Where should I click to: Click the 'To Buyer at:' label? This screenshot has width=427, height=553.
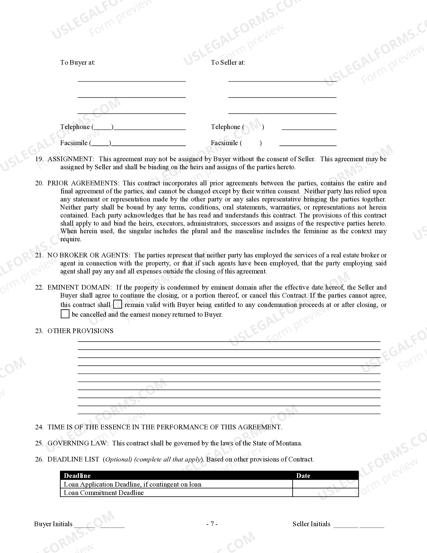[x=77, y=62]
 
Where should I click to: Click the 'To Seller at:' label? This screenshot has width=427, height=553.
[x=228, y=62]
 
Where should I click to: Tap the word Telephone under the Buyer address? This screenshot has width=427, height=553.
[x=75, y=127]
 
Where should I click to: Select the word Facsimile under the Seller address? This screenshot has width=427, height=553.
[x=224, y=143]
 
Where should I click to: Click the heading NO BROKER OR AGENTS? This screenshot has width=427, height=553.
[x=88, y=255]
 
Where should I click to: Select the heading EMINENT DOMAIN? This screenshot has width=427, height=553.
[x=79, y=287]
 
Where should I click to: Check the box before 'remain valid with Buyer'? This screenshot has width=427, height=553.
[x=118, y=304]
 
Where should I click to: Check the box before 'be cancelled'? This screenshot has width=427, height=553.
[x=65, y=314]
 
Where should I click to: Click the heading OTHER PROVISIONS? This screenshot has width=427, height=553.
[x=80, y=331]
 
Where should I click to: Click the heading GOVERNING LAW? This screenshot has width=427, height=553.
[x=78, y=443]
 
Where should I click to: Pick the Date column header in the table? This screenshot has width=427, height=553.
[x=303, y=476]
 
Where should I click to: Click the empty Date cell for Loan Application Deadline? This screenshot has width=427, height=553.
[x=325, y=484]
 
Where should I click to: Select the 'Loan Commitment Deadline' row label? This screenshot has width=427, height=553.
[x=104, y=493]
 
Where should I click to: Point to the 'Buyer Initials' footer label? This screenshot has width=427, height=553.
[x=53, y=524]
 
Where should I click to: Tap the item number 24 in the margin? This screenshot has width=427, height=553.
[x=39, y=427]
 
